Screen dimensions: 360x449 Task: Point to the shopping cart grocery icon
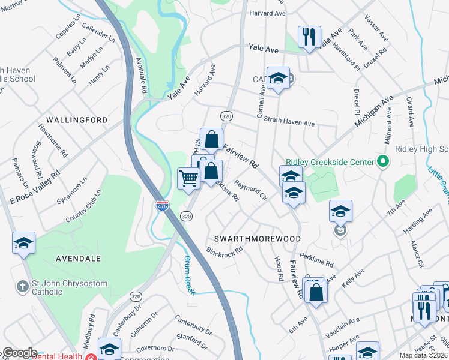[x=188, y=178]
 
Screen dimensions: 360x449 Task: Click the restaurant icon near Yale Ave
[x=309, y=37]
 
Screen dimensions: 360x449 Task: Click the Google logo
[x=20, y=353]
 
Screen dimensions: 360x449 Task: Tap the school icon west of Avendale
[x=23, y=243]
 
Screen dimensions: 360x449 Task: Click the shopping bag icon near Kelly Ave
[x=316, y=293]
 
